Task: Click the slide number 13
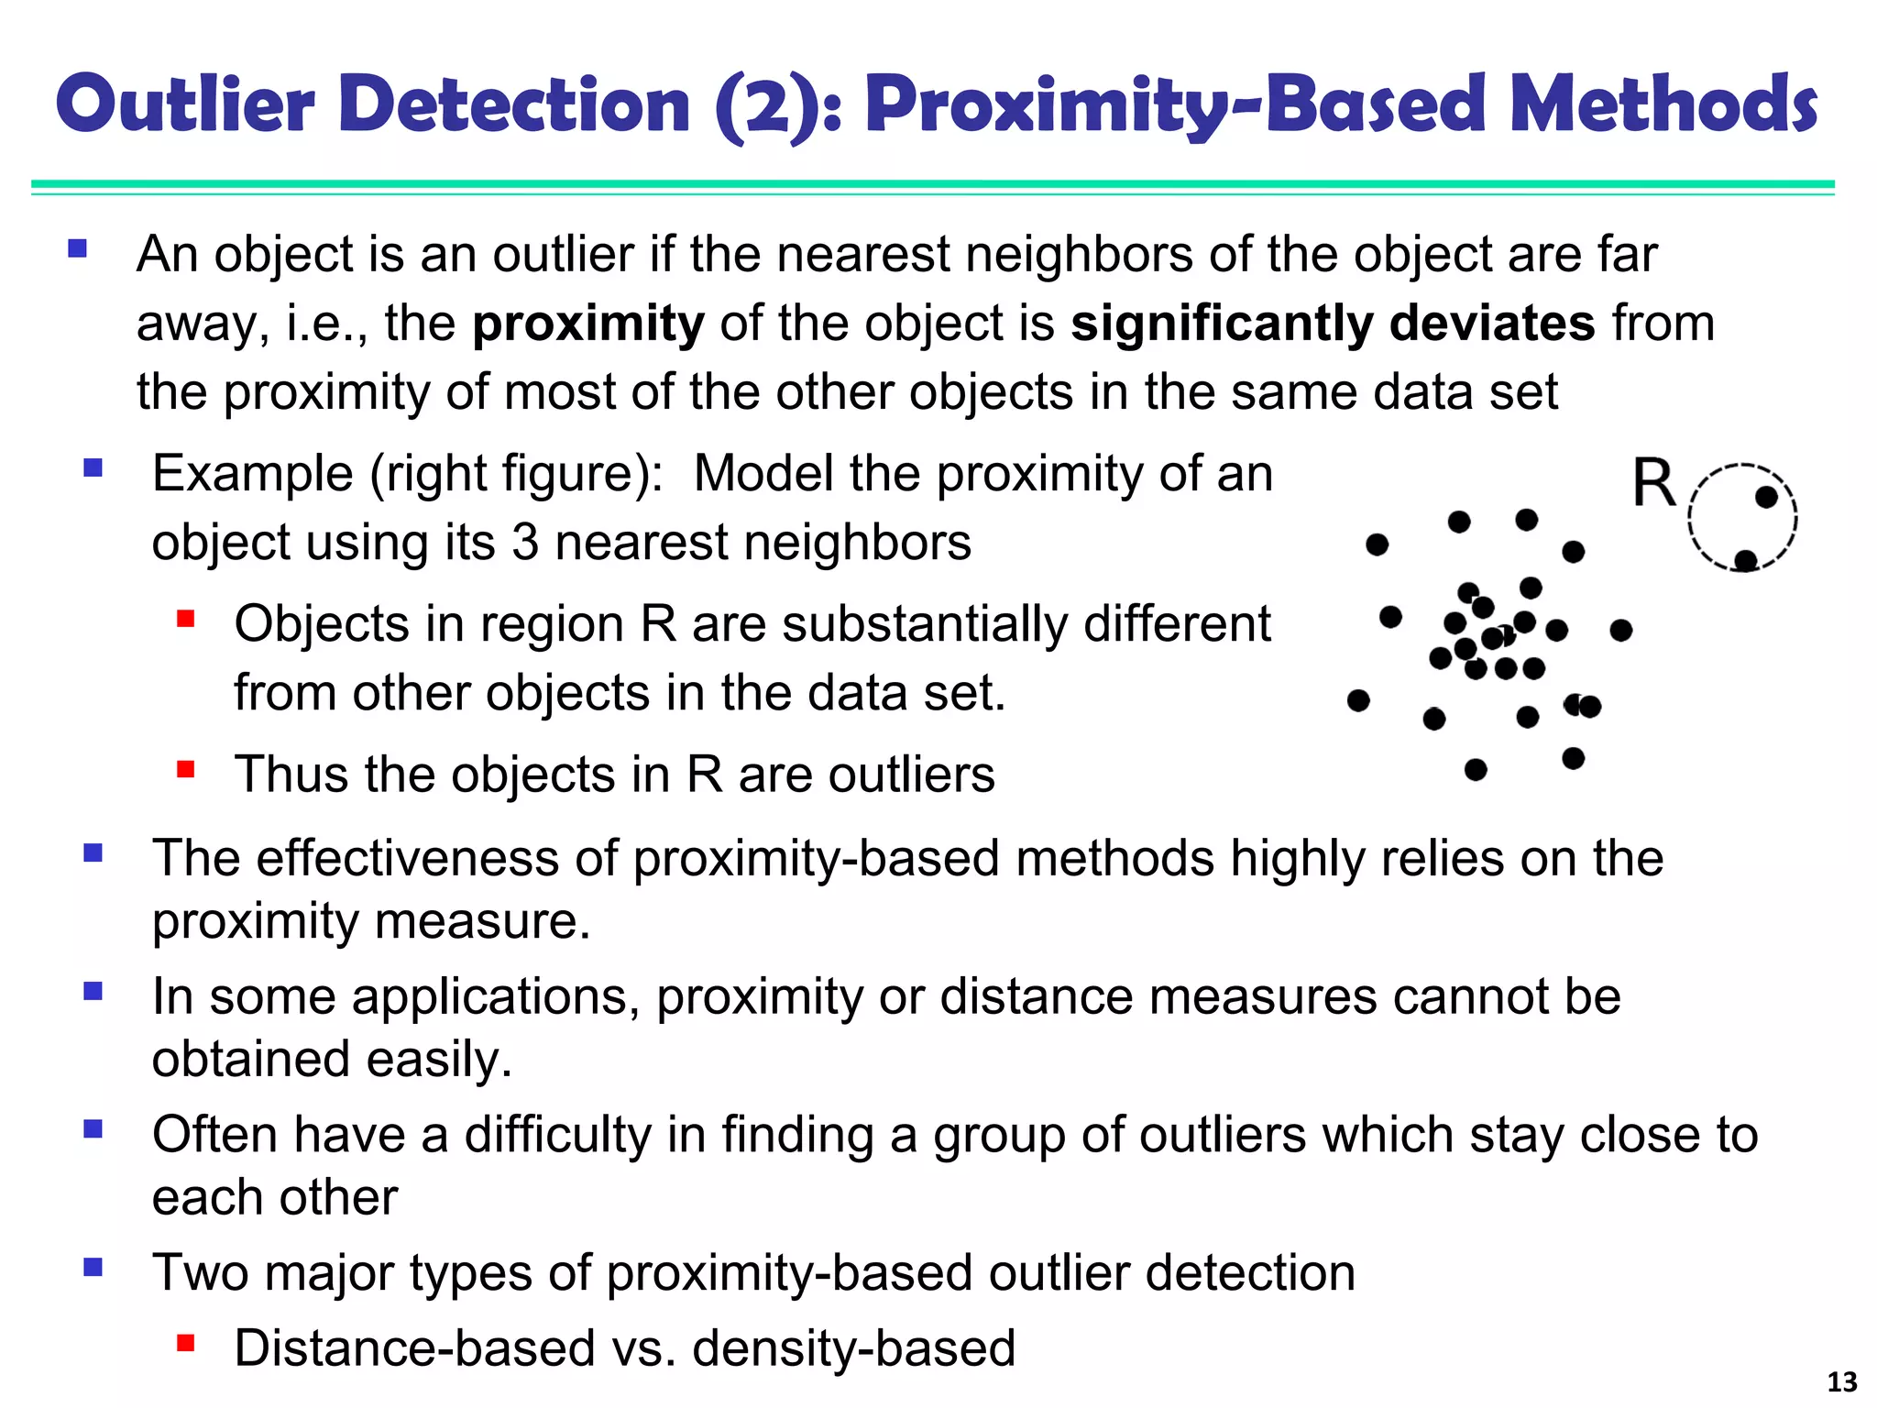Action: coord(1842,1381)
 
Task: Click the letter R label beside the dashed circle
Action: coord(1654,483)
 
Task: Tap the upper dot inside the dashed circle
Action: coord(1766,498)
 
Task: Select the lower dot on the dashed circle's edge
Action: coord(1746,560)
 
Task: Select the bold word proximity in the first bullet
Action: coord(587,324)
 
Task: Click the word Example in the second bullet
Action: coord(252,474)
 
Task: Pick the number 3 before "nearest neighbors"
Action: coord(525,543)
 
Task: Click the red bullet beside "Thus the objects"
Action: coord(186,768)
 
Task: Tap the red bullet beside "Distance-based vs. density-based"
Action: coord(186,1344)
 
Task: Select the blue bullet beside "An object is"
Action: coord(78,248)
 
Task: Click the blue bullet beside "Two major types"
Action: coord(93,1268)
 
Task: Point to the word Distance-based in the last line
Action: coord(415,1348)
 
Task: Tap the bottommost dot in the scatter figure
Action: coord(1476,770)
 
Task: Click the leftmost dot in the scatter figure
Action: coord(1358,701)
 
